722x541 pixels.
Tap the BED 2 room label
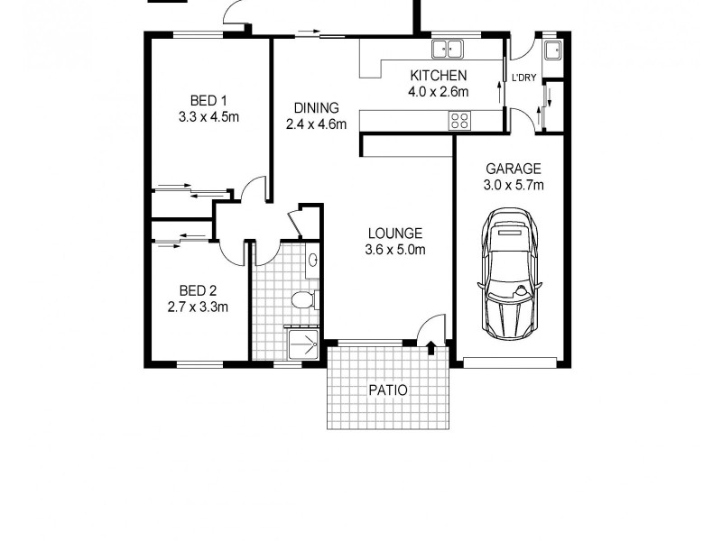click(x=198, y=290)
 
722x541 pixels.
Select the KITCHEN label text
click(x=439, y=75)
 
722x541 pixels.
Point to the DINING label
click(x=316, y=108)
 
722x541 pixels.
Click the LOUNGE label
click(x=394, y=234)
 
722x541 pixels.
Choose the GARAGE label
click(x=514, y=169)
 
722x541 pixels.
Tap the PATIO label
click(x=388, y=390)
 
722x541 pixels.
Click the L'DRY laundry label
click(x=524, y=78)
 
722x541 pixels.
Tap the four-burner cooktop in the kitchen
click(x=459, y=120)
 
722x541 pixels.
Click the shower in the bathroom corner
click(x=302, y=342)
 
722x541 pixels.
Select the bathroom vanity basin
click(x=312, y=261)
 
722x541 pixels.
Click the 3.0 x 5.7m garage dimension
click(x=514, y=186)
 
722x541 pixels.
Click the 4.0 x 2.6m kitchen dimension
click(x=439, y=91)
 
